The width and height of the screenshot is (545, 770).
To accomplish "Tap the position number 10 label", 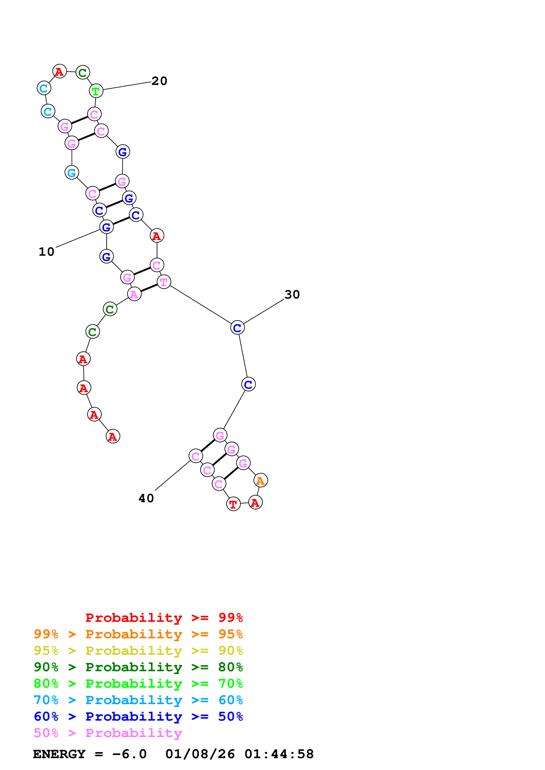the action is click(46, 252).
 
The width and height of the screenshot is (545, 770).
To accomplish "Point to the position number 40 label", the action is click(146, 498).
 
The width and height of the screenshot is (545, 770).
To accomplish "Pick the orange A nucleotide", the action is click(261, 480).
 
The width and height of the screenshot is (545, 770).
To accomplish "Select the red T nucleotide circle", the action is click(233, 504).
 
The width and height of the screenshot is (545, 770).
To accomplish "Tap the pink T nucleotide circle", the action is click(164, 282).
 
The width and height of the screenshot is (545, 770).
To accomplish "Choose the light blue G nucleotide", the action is click(71, 173).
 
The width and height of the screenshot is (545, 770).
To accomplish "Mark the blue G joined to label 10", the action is click(106, 227).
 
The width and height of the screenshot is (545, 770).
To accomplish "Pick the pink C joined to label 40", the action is click(196, 456).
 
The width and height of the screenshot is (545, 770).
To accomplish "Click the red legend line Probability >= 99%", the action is click(164, 617).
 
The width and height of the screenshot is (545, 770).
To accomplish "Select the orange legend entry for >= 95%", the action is click(138, 634).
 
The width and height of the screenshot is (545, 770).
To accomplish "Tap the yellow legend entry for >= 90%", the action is click(138, 651).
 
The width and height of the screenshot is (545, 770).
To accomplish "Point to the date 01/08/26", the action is click(200, 754).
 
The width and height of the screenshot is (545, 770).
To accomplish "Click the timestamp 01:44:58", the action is click(279, 754).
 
